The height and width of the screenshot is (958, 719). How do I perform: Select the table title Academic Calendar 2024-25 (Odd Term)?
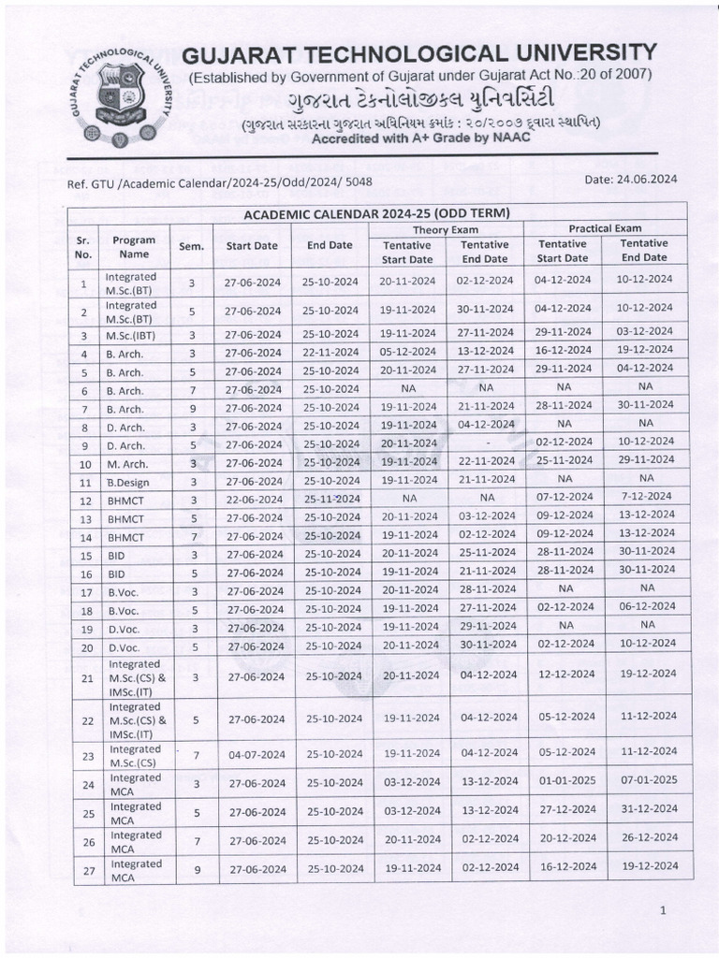(377, 213)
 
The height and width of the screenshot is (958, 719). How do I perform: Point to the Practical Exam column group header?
(605, 228)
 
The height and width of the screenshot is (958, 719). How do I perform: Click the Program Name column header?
(133, 247)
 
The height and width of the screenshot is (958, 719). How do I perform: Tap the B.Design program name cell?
(126, 483)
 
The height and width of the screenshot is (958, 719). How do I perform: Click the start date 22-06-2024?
(252, 500)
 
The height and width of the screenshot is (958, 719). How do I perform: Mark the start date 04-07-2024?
(252, 754)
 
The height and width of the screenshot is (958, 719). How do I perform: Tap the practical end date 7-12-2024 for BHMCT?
(645, 496)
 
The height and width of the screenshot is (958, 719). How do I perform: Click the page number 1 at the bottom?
(663, 909)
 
